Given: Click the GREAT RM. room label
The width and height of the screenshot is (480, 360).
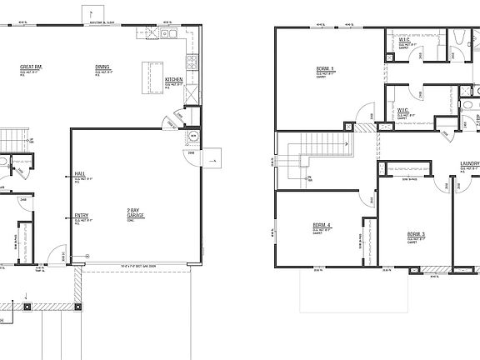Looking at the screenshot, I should [32, 67].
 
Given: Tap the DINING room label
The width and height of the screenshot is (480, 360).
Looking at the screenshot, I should [102, 67].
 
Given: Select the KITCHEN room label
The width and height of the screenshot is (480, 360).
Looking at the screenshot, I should [174, 80].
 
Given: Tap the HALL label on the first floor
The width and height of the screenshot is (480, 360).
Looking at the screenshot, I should [80, 174].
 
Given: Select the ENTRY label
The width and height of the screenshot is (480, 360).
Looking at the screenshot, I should [82, 216].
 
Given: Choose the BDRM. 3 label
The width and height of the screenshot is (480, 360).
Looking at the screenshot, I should [416, 234].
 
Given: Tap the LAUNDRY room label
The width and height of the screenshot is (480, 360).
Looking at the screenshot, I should [470, 164].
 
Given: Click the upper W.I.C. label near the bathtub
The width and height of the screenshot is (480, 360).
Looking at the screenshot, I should [403, 38].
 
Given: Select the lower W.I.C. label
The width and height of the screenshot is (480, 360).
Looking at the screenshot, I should [402, 110].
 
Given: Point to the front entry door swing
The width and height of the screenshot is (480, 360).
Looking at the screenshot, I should [55, 256].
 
